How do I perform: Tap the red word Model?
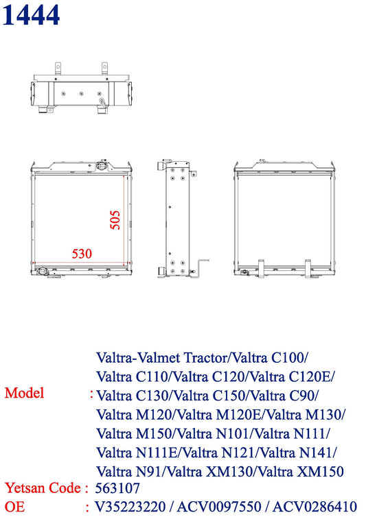tap(24, 393)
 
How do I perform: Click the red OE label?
tap(14, 507)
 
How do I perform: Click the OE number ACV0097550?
tap(223, 507)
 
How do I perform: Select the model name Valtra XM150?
tap(308, 472)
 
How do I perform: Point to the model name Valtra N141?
tap(300, 453)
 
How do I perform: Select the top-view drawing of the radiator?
tap(80, 90)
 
